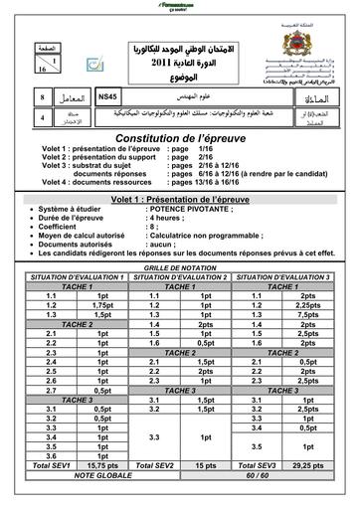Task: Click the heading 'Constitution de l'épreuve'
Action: [180, 136]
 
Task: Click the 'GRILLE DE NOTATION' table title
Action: [180, 268]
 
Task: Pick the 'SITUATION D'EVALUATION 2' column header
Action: [180, 276]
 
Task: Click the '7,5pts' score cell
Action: [307, 314]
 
